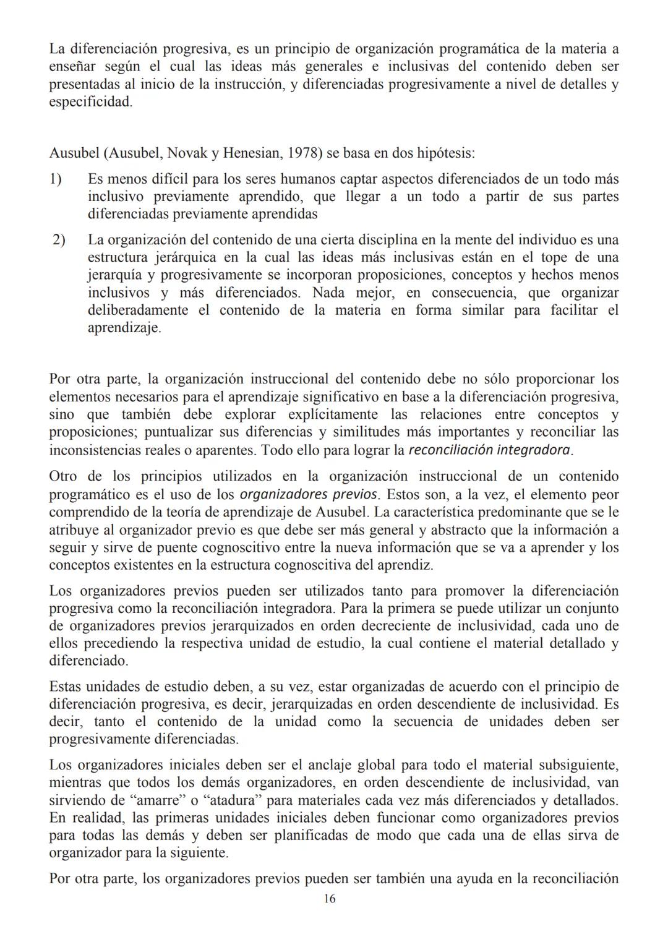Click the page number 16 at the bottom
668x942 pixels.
click(330, 899)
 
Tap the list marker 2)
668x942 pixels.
click(59, 239)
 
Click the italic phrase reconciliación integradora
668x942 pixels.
click(490, 450)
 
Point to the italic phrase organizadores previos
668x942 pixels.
click(308, 495)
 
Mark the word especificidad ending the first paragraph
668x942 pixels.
click(90, 101)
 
